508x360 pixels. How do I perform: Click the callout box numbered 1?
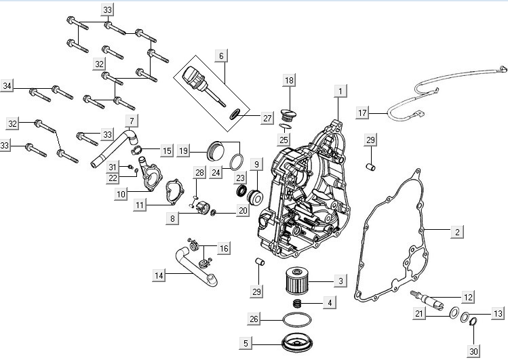point(340,89)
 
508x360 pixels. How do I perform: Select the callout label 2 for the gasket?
point(457,232)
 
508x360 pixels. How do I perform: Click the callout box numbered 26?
point(254,319)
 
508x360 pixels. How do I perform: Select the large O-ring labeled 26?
point(296,319)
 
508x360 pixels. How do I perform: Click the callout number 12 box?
point(468,297)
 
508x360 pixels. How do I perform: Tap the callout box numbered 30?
point(473,351)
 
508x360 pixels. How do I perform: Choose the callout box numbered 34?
point(7,86)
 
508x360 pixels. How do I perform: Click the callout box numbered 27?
point(267,117)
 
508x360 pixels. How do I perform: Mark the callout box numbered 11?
point(140,205)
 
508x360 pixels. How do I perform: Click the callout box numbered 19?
point(183,151)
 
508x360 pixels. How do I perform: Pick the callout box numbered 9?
point(256,164)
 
